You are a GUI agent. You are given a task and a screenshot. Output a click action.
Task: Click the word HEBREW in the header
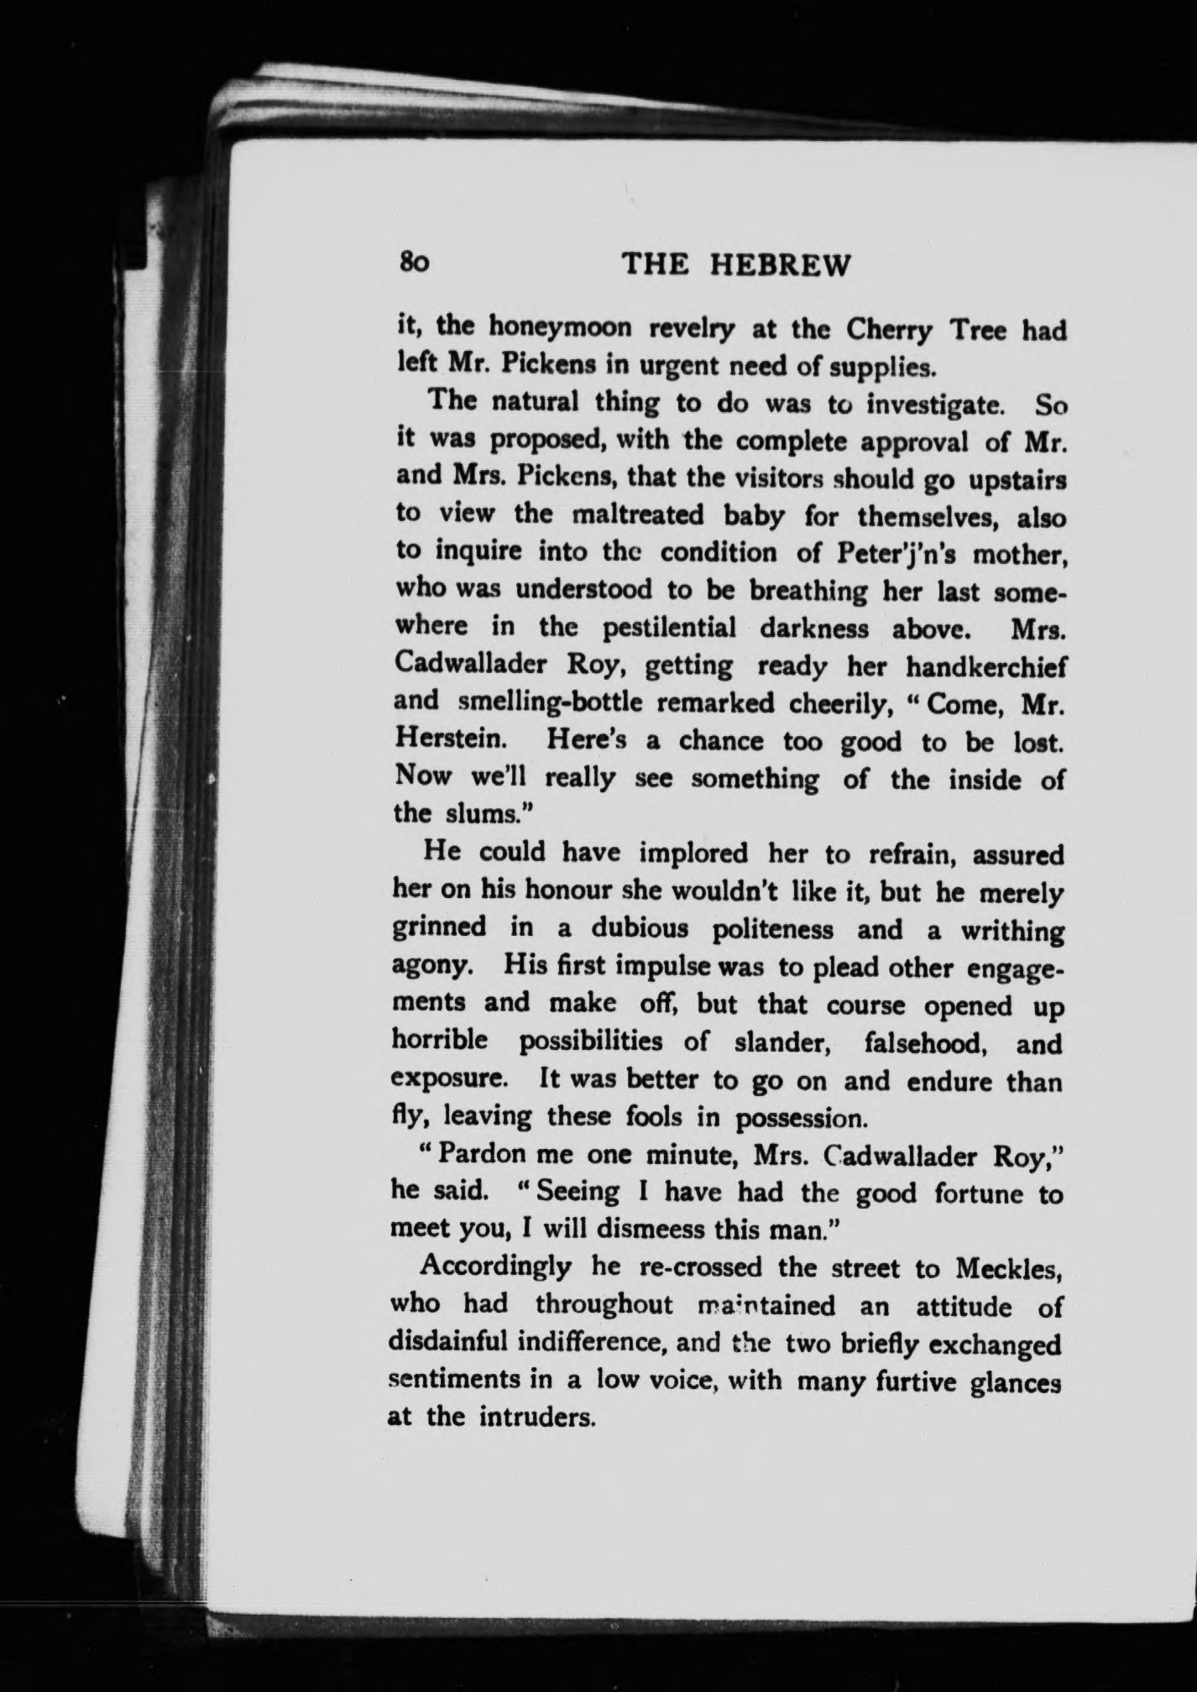[x=781, y=265]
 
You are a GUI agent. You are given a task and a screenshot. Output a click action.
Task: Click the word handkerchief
[x=986, y=667]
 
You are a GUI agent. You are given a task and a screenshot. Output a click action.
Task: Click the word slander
[x=782, y=1042]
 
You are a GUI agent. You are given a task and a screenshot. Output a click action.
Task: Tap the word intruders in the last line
[x=537, y=1418]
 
